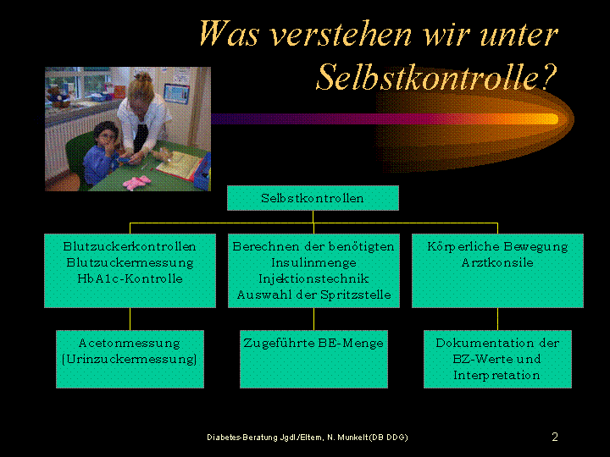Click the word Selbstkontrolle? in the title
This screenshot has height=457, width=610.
437,77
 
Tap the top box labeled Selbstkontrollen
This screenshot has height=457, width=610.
313,198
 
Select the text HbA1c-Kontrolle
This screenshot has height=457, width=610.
130,278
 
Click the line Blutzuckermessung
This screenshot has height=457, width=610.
130,262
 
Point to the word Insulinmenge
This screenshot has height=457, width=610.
313,262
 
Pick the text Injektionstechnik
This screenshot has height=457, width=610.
313,279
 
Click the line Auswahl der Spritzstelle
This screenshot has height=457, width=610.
313,295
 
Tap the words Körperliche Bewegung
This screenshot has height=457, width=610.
497,247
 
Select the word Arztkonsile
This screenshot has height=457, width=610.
497,262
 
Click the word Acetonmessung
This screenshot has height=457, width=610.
130,343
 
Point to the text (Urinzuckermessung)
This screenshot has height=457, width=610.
130,359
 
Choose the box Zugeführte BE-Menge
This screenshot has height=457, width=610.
313,359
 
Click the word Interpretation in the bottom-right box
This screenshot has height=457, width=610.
496,376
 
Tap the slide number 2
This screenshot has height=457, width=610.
555,437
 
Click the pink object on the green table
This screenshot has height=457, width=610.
136,182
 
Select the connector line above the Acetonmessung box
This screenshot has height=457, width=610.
130,319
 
